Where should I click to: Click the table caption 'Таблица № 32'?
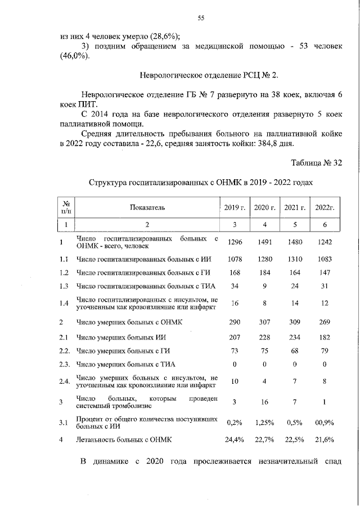point(317,163)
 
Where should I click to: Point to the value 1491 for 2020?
point(264,242)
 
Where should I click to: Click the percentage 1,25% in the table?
point(264,421)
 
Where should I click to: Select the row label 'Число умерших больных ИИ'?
point(116,337)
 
